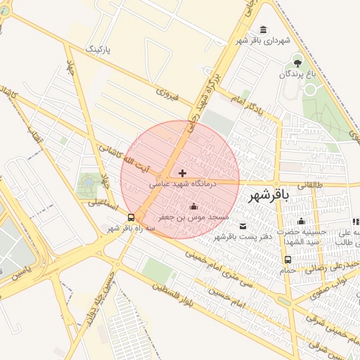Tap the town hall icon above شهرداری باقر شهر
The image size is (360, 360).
(x=262, y=30)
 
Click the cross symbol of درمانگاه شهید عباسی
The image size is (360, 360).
(x=183, y=173)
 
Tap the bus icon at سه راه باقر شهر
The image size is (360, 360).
(x=131, y=217)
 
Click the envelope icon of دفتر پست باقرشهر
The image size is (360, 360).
(x=243, y=226)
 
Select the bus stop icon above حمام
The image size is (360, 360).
(x=288, y=259)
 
